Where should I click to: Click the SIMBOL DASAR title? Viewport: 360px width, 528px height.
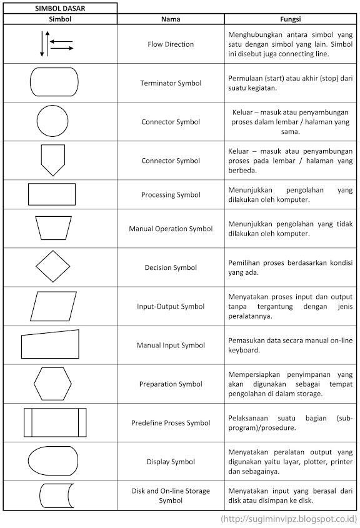tap(60, 8)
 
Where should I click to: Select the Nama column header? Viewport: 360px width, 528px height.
tap(171, 19)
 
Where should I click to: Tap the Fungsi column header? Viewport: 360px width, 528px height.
tap(291, 19)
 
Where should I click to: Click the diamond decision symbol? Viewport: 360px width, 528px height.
tap(52, 267)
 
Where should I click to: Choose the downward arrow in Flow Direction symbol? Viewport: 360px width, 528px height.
tap(42, 44)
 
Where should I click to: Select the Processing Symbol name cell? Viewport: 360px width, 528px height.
tap(171, 195)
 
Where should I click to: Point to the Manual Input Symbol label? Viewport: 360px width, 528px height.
tap(171, 345)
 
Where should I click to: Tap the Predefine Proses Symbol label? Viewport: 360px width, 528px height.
tap(171, 423)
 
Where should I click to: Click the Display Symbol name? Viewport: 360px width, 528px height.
tap(171, 462)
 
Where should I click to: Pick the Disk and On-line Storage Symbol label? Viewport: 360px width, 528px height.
tap(171, 496)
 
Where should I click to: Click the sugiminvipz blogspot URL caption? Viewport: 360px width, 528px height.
tap(289, 519)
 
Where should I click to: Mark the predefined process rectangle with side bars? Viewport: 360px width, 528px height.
tap(55, 422)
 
